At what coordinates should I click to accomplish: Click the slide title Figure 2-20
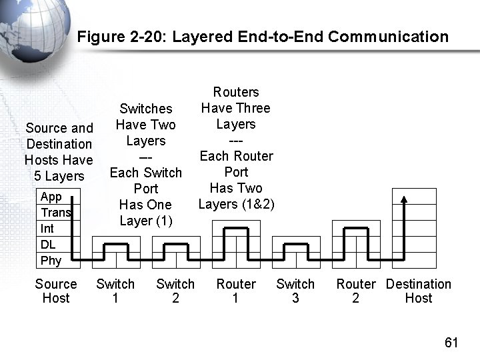(263, 37)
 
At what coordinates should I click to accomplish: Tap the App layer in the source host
(51, 197)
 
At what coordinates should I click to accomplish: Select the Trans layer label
(55, 213)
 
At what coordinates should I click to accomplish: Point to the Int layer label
(47, 229)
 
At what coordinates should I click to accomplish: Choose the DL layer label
(48, 245)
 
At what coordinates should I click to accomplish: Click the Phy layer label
(51, 261)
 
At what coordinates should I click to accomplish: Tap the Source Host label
(56, 291)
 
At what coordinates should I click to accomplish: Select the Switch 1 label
(115, 291)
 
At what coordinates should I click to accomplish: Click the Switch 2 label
(175, 291)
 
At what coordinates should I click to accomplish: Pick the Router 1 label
(236, 291)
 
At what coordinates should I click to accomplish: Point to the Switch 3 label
(295, 291)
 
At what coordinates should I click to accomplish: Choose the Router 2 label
(355, 291)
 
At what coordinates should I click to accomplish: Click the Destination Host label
(419, 291)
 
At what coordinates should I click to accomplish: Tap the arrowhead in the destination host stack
(403, 197)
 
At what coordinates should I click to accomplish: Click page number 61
(451, 343)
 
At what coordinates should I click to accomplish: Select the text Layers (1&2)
(236, 204)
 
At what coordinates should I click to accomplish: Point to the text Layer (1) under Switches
(145, 221)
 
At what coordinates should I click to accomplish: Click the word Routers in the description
(236, 92)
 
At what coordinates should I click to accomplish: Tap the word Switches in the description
(145, 109)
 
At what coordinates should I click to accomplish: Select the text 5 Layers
(59, 176)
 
